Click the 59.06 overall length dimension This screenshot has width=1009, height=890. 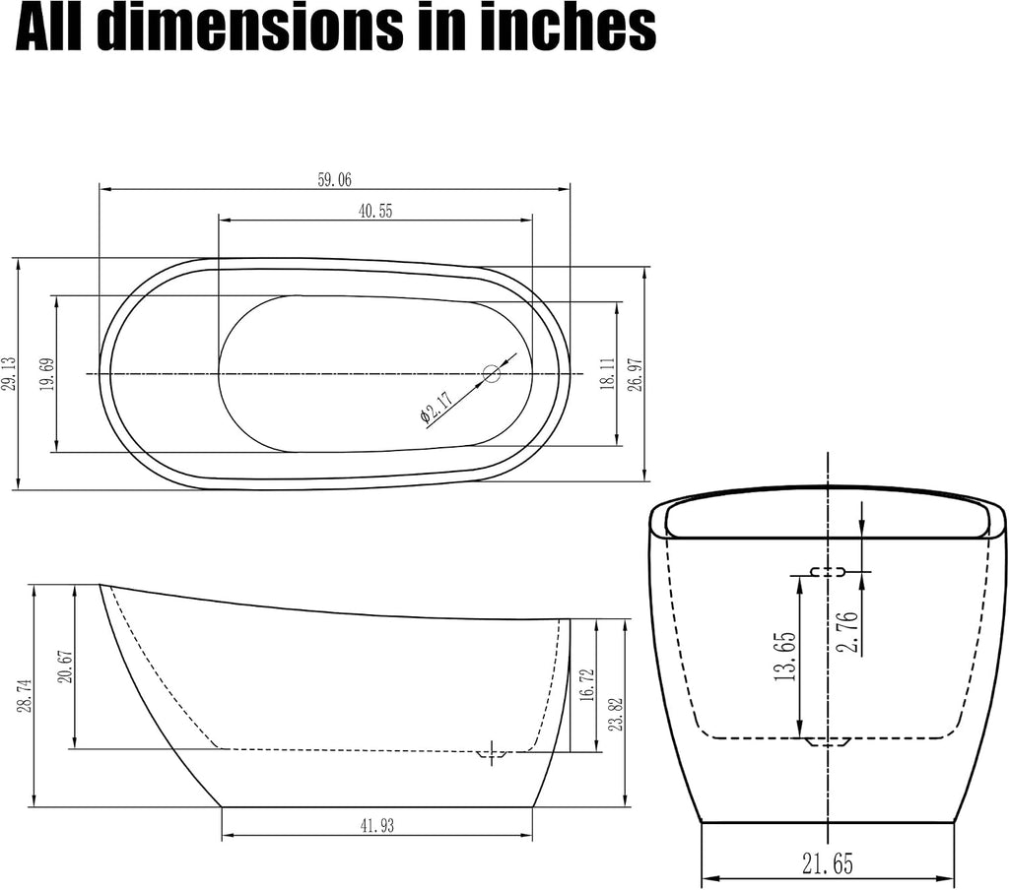(335, 179)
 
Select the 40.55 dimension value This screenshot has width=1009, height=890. (375, 211)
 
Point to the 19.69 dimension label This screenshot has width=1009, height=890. (47, 375)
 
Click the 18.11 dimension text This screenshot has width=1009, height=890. (608, 375)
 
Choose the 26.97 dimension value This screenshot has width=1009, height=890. (636, 375)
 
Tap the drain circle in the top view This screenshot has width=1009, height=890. (492, 373)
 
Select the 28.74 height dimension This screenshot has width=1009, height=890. (24, 694)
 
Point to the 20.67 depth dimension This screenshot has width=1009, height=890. (66, 667)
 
